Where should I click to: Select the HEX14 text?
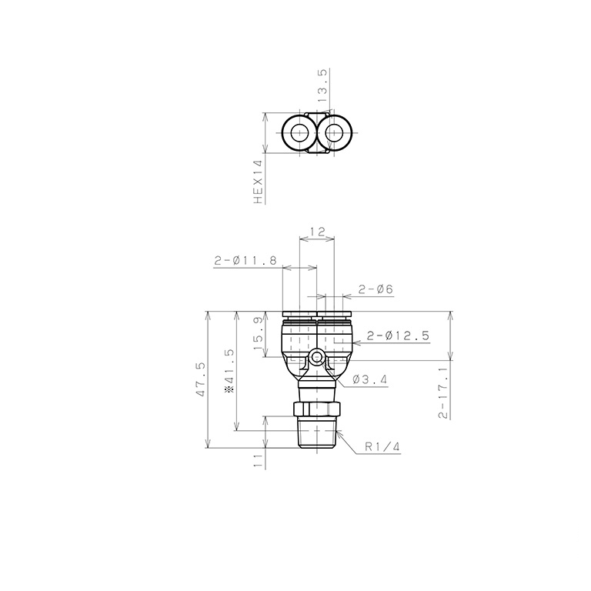[x=259, y=182]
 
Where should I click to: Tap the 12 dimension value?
[x=317, y=231]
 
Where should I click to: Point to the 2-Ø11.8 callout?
[x=245, y=262]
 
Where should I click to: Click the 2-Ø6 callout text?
[x=376, y=289]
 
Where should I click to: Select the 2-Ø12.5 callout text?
[x=398, y=336]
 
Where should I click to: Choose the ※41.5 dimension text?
[x=229, y=372]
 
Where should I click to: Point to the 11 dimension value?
[x=259, y=459]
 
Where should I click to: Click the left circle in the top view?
[x=297, y=134]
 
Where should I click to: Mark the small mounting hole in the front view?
[x=317, y=358]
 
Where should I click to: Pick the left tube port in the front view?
[x=299, y=335]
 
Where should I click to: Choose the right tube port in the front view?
[x=335, y=335]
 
